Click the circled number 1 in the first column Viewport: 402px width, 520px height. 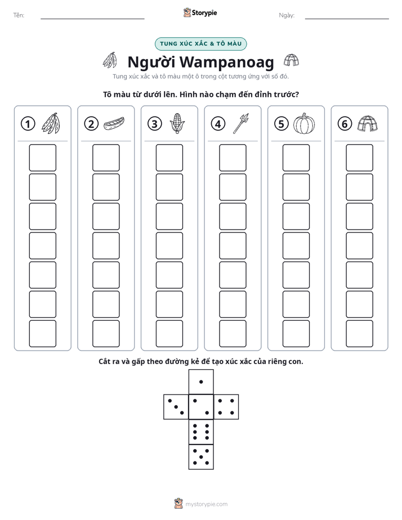click(x=28, y=124)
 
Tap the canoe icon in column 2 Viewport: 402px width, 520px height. click(x=114, y=124)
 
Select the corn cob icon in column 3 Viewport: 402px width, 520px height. click(x=177, y=123)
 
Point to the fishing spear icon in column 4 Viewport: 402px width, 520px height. click(x=241, y=123)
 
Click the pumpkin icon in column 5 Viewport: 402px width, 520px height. click(x=304, y=124)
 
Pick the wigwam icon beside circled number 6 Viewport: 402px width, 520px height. click(x=368, y=124)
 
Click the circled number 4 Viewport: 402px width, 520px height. click(x=218, y=124)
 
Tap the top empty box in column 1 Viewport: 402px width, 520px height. click(x=42, y=158)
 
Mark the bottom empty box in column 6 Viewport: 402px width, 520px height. click(x=360, y=334)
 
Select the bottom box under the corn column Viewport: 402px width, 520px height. click(x=169, y=334)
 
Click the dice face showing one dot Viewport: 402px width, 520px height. click(x=201, y=382)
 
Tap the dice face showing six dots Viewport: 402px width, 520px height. click(x=201, y=432)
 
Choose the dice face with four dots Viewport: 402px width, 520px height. click(x=226, y=407)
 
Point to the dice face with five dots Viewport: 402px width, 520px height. click(x=201, y=457)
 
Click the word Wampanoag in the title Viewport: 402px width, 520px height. click(x=227, y=62)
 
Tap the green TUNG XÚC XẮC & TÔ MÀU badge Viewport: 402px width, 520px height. click(x=200, y=44)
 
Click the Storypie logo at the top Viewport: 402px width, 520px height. click(x=200, y=13)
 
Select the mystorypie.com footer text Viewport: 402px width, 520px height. click(x=206, y=504)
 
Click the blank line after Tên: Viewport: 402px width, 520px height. click(x=92, y=19)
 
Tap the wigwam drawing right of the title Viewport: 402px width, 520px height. click(x=291, y=60)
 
